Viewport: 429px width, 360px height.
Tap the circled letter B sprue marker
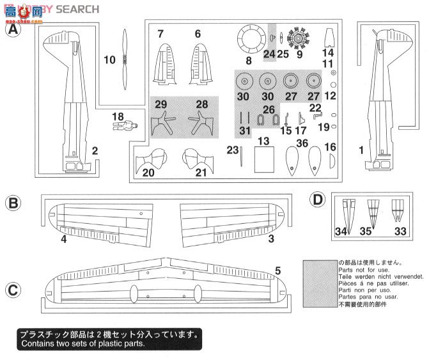pyautogui.click(x=13, y=204)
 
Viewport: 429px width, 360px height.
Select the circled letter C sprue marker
pyautogui.click(x=13, y=290)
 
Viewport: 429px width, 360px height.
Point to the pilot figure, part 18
pyautogui.click(x=129, y=125)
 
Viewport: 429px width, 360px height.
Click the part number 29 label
pyautogui.click(x=160, y=104)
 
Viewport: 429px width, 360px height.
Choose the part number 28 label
pyautogui.click(x=201, y=104)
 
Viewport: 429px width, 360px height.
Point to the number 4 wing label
pyautogui.click(x=64, y=240)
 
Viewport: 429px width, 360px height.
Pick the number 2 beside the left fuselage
pyautogui.click(x=94, y=151)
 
